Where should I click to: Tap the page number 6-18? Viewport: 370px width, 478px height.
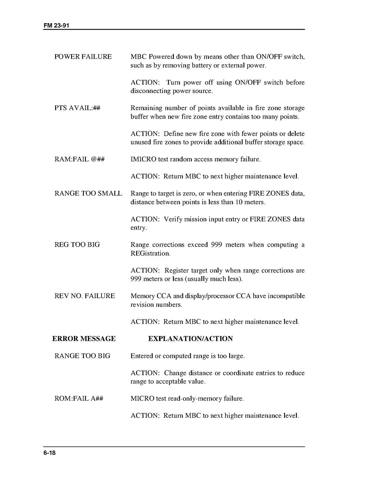tap(50, 453)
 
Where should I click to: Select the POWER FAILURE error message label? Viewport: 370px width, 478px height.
tap(83, 57)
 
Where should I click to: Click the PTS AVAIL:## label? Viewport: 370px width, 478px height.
tap(77, 108)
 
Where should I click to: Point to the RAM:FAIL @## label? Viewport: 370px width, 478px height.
tap(80, 159)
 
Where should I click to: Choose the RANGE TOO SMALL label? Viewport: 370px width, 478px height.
tap(88, 194)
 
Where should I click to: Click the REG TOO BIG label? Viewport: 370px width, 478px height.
tap(77, 245)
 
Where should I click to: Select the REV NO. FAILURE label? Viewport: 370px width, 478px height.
tap(85, 296)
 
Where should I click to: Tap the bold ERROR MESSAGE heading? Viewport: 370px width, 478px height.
tap(84, 339)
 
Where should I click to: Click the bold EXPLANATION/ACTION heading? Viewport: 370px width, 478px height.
tap(191, 339)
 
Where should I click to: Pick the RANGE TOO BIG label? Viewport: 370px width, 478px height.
tap(82, 356)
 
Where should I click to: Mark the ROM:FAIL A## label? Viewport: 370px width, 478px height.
tap(79, 399)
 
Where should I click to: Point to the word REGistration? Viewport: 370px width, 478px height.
tap(150, 253)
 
